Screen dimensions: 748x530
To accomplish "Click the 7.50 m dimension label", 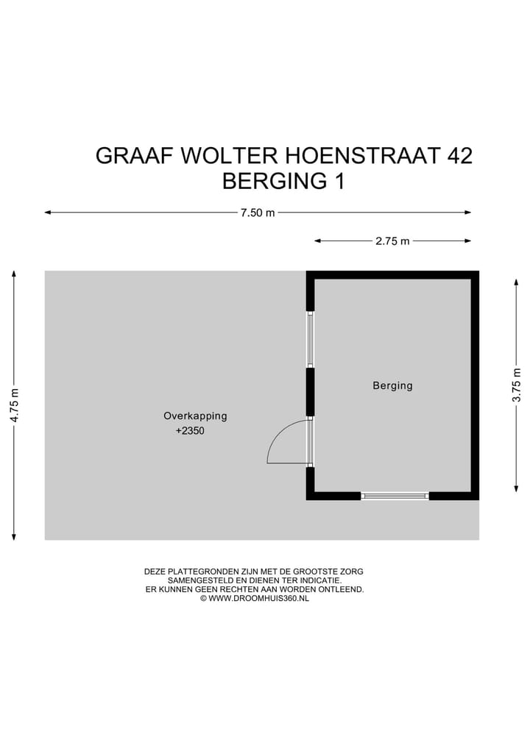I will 258,213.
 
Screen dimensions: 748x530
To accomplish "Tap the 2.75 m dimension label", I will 392,241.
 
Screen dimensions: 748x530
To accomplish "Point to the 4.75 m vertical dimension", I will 14,405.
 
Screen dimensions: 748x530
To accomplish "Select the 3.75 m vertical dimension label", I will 517,385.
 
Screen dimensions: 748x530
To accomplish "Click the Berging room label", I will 392,385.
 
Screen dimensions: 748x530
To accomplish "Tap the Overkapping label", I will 195,416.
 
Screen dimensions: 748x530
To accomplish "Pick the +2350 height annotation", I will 190,432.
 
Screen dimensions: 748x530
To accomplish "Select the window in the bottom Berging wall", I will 395,496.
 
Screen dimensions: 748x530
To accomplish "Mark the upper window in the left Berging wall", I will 310,339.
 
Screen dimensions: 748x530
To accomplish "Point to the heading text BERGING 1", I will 283,181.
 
